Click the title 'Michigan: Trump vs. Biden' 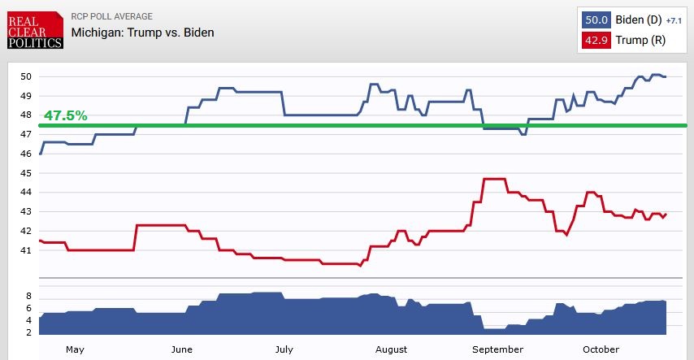pyautogui.click(x=142, y=33)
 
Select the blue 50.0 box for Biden pyautogui.click(x=597, y=20)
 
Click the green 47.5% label pyautogui.click(x=65, y=115)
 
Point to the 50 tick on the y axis pyautogui.click(x=26, y=77)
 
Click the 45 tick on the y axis pyautogui.click(x=26, y=173)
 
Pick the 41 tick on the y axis pyautogui.click(x=26, y=250)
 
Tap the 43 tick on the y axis pyautogui.click(x=26, y=212)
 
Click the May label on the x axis pyautogui.click(x=75, y=349)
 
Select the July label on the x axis pyautogui.click(x=284, y=349)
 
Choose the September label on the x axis pyautogui.click(x=497, y=349)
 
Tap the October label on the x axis pyautogui.click(x=601, y=349)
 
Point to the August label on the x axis pyautogui.click(x=392, y=349)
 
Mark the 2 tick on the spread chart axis pyautogui.click(x=28, y=333)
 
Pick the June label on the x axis pyautogui.click(x=182, y=349)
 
